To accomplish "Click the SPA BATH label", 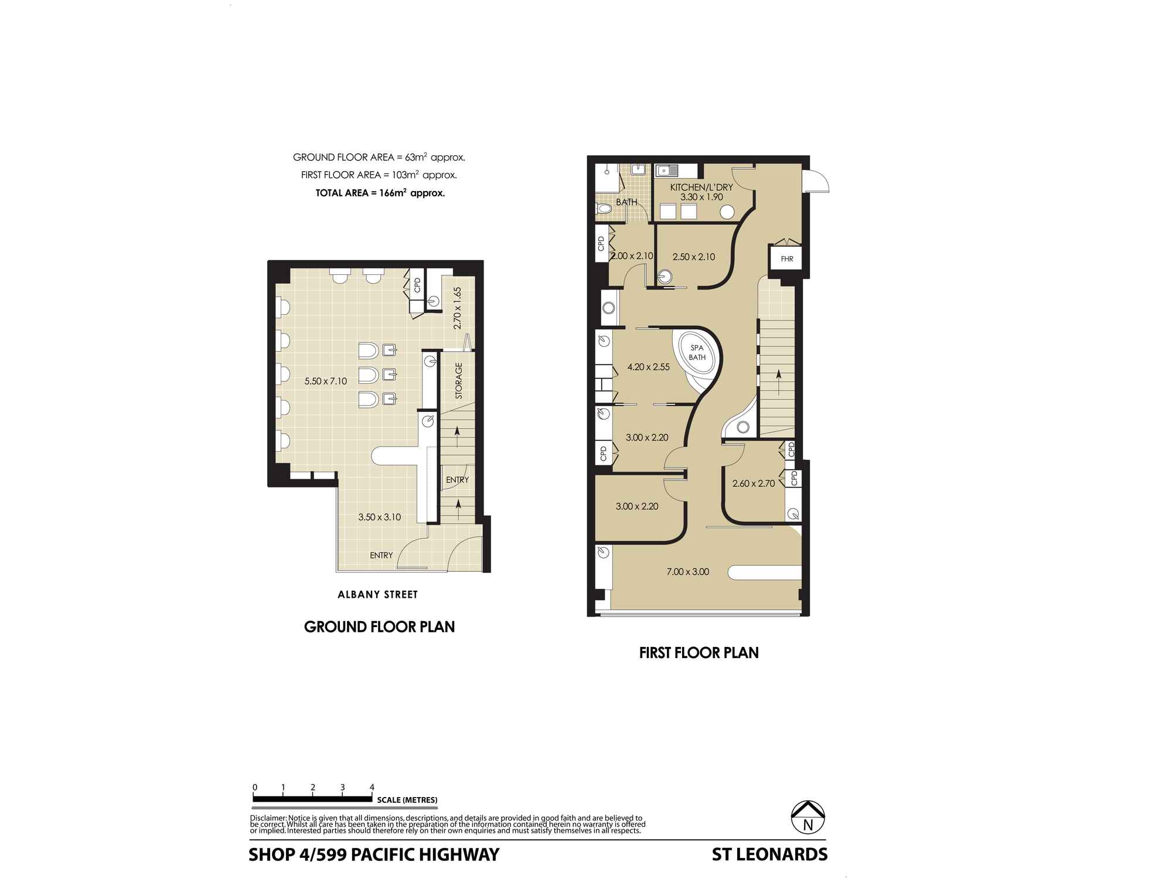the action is coord(697,352).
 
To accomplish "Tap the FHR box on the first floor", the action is coord(786,258).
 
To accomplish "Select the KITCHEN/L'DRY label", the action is coord(701,188).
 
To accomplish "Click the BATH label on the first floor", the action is coord(626,202).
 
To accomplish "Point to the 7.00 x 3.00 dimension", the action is coord(687,571).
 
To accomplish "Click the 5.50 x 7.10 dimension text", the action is coord(325,381).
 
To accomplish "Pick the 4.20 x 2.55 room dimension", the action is coord(648,367).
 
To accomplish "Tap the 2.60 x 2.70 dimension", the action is coord(754,483).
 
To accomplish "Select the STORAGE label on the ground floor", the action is coord(459,381).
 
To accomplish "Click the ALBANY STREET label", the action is coord(378,595).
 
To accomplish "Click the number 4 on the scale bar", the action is coord(372,787).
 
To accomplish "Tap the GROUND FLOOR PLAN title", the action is coord(379,627).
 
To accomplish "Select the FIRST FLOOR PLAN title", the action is coord(699,653).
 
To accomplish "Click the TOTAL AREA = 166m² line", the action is coord(380,192).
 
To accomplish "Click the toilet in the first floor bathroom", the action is coord(603,208).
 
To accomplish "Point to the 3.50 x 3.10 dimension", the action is coord(379,517).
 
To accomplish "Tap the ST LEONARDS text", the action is coord(769,854).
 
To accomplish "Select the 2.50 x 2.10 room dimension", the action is coord(694,256).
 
